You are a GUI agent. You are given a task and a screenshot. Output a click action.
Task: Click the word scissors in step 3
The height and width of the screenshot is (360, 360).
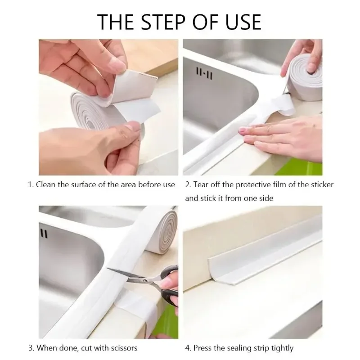[122, 347]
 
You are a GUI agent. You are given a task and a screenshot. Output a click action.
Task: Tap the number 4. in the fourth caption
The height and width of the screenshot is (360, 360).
[189, 347]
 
